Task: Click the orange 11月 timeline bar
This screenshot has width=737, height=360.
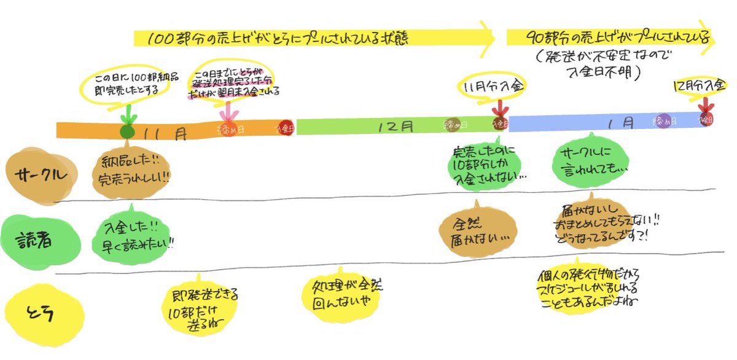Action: tap(172, 130)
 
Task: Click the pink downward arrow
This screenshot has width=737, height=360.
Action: tap(228, 112)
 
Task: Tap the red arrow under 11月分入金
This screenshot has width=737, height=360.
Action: tap(501, 109)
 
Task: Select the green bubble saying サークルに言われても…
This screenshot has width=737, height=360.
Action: tap(590, 160)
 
